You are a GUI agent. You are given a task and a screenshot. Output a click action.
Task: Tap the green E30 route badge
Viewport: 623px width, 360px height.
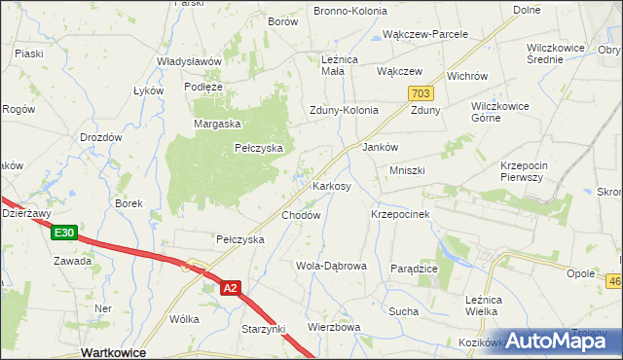(65, 234)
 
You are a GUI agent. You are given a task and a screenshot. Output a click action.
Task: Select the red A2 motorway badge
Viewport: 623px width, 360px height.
(230, 288)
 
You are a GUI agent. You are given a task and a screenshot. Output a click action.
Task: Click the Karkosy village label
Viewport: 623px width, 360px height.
(331, 186)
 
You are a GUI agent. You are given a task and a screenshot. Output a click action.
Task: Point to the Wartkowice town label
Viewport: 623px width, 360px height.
(114, 352)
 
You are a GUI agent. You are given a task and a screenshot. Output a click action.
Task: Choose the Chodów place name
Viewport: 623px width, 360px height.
(301, 215)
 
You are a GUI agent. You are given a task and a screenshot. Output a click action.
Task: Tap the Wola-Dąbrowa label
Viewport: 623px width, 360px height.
(331, 266)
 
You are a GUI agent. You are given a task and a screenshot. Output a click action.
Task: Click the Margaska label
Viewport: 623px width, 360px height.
(217, 124)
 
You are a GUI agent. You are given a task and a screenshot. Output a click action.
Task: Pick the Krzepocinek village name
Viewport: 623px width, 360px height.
(401, 213)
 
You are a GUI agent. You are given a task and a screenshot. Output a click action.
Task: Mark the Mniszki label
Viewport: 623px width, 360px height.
(408, 170)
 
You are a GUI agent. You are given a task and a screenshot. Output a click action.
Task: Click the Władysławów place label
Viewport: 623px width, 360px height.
(190, 60)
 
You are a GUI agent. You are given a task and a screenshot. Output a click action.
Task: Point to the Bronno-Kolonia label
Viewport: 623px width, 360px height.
(349, 11)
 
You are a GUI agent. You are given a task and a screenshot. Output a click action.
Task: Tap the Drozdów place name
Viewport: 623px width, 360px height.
(100, 137)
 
